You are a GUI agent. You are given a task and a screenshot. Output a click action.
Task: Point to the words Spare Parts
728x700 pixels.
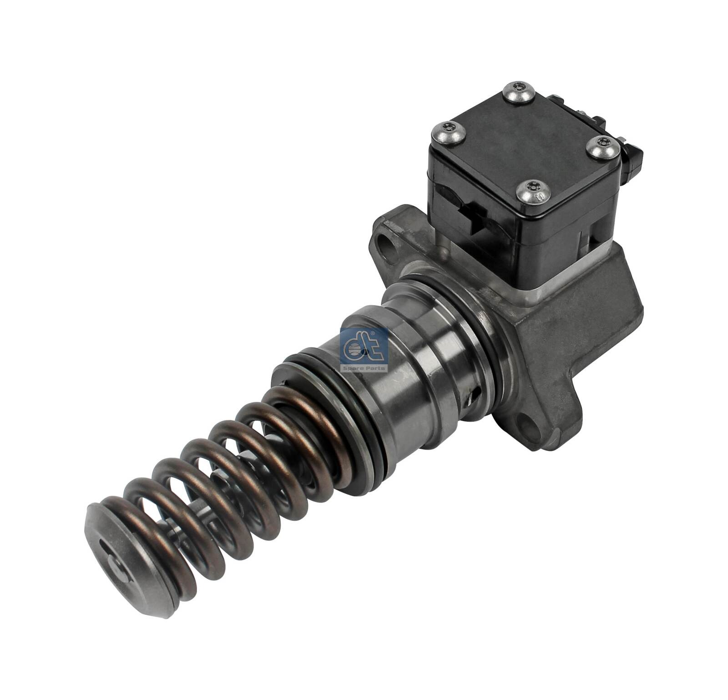(x=364, y=367)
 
